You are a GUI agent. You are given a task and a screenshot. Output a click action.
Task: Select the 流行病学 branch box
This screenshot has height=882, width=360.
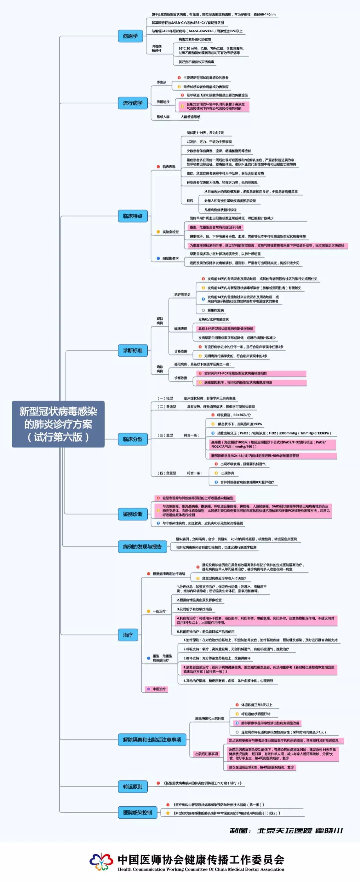pyautogui.click(x=133, y=103)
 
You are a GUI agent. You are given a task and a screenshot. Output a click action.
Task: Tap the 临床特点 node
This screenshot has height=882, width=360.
pyautogui.click(x=133, y=216)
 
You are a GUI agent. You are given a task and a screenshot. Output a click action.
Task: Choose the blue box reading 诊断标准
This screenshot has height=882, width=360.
pyautogui.click(x=133, y=350)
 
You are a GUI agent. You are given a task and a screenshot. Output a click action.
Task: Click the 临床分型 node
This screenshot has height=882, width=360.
pyautogui.click(x=133, y=439)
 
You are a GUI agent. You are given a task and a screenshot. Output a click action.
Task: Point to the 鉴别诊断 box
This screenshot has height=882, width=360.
pyautogui.click(x=133, y=514)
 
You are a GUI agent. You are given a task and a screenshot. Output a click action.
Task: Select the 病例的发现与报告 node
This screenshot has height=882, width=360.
pyautogui.click(x=142, y=546)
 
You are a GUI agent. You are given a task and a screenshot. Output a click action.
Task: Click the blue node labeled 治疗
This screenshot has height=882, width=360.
pyautogui.click(x=128, y=635)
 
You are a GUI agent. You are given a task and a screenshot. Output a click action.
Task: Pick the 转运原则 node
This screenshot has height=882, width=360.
pyautogui.click(x=133, y=786)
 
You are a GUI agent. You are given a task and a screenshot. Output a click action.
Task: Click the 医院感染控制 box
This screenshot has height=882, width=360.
pyautogui.click(x=137, y=812)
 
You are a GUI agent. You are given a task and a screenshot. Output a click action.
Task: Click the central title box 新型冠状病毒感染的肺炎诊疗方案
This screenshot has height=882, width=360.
pyautogui.click(x=58, y=424)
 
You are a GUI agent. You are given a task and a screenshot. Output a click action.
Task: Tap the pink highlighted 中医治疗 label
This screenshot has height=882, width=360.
pyautogui.click(x=159, y=689)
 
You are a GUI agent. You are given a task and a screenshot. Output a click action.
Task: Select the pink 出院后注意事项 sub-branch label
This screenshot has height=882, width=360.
pyautogui.click(x=207, y=754)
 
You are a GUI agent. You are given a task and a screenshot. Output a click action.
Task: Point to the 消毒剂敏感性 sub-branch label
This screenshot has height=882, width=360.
pyautogui.click(x=157, y=49)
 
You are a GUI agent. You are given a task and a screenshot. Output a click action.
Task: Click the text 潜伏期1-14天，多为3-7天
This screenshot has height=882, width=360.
pyautogui.click(x=205, y=133)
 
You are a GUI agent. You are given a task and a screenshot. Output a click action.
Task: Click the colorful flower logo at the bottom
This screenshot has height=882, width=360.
pyautogui.click(x=101, y=861)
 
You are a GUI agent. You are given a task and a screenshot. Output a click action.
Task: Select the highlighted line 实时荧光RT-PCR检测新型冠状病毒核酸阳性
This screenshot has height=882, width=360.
pyautogui.click(x=235, y=373)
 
